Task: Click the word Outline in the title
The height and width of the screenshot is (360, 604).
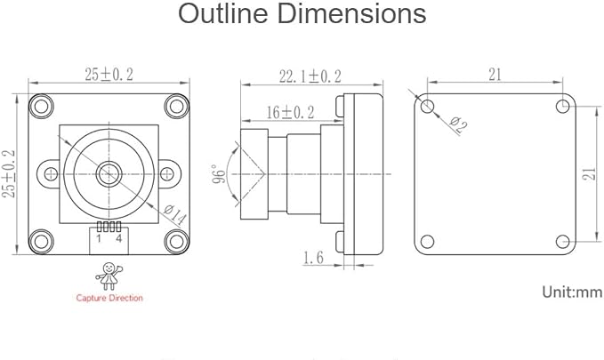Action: coord(223,13)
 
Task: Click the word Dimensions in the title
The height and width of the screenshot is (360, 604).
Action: coord(351,13)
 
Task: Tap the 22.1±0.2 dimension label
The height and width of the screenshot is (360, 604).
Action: coord(310,76)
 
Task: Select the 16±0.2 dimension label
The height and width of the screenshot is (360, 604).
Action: coord(291,112)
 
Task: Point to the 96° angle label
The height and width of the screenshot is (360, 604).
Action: coord(219,174)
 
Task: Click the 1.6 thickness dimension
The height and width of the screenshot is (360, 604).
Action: coord(313,258)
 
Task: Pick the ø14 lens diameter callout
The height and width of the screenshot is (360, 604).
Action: coord(175,215)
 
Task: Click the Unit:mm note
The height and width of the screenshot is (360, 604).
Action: coord(572,292)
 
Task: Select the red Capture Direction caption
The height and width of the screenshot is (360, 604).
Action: coord(109,298)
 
